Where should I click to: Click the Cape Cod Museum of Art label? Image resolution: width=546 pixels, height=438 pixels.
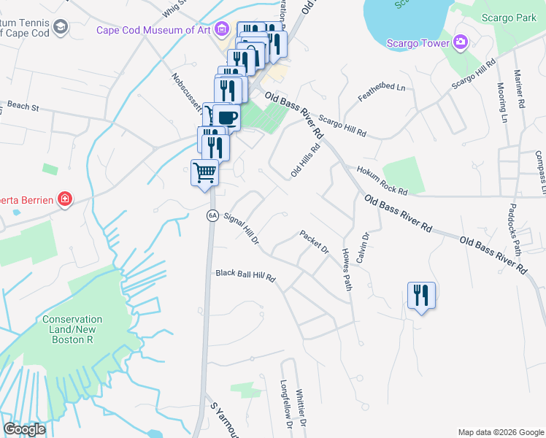(x=155, y=31)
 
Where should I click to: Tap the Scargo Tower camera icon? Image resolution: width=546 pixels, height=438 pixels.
(x=460, y=42)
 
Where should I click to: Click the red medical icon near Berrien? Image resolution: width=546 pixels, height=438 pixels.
(x=65, y=198)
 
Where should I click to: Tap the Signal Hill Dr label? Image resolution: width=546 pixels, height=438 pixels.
(x=242, y=228)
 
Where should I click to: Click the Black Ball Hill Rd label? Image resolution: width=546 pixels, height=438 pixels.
(x=246, y=275)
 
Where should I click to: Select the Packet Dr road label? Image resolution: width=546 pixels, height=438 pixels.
(x=315, y=242)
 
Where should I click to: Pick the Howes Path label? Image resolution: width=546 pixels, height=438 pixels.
(x=347, y=269)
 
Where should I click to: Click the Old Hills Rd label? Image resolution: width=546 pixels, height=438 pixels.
(x=304, y=160)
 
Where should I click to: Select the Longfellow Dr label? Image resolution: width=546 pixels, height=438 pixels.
(x=286, y=404)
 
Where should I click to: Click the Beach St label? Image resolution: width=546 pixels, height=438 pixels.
(x=23, y=107)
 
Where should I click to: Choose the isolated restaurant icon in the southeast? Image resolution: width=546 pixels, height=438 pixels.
(x=421, y=296)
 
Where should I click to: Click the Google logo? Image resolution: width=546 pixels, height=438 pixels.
(x=24, y=429)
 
